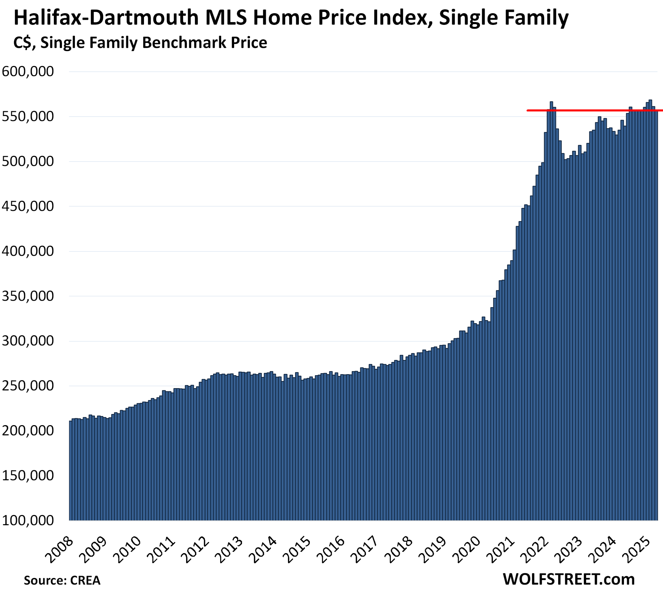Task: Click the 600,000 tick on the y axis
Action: tap(28, 71)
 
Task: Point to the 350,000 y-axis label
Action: tap(28, 296)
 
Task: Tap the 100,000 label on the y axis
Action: tap(28, 520)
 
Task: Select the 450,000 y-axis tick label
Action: tap(28, 206)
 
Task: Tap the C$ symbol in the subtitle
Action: tap(24, 43)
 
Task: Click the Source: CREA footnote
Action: tap(62, 580)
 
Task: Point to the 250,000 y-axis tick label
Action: tap(28, 386)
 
